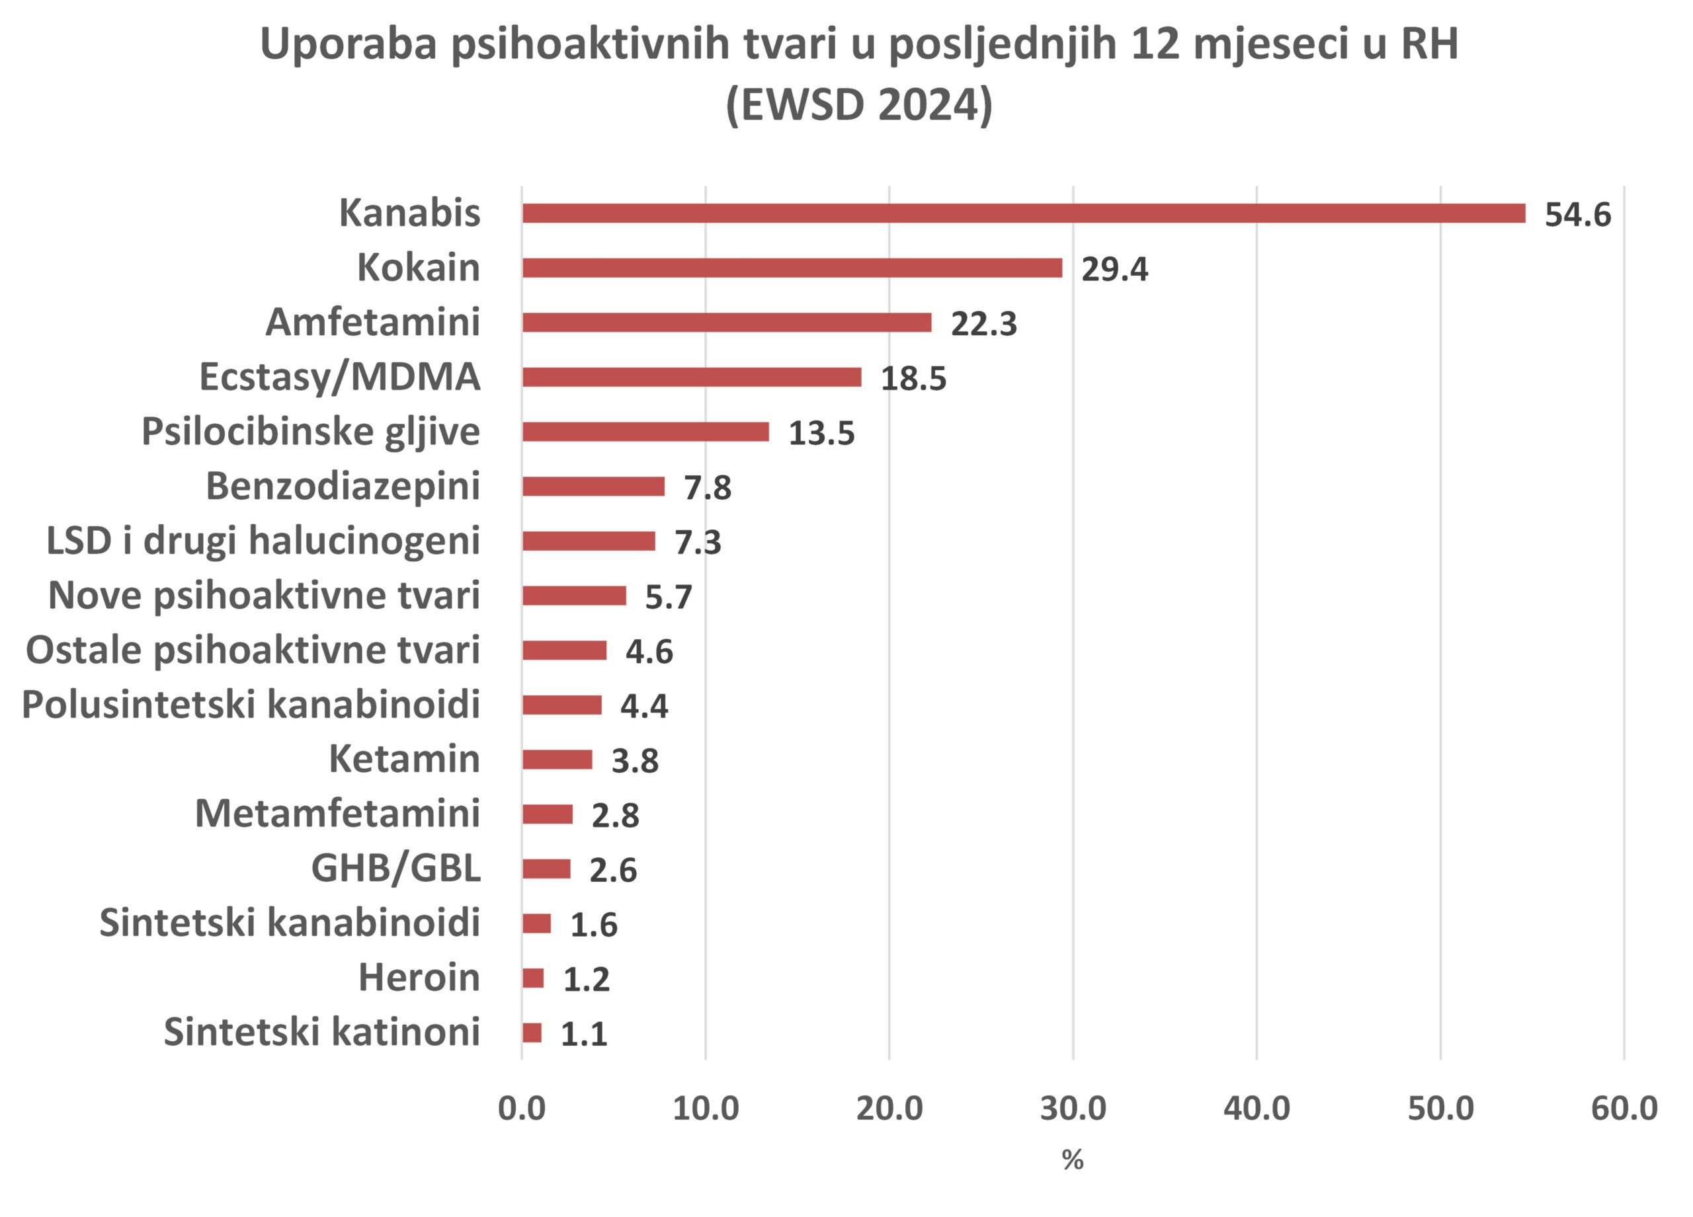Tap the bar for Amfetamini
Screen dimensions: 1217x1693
coord(726,323)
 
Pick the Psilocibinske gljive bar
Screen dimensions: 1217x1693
coord(645,431)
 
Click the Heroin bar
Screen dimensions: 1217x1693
coord(533,978)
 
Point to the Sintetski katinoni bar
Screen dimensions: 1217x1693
coord(532,1033)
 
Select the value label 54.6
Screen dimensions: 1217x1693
coord(1577,215)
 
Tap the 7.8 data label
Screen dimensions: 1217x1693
coord(707,488)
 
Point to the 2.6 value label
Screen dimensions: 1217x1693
coord(612,870)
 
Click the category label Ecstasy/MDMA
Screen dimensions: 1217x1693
coord(340,377)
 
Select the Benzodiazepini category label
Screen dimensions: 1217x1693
coord(343,486)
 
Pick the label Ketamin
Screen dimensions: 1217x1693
coord(404,759)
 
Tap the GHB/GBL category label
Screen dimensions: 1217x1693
coord(395,868)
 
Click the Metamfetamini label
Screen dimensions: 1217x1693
coord(337,813)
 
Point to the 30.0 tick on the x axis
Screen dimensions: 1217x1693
coord(1073,1109)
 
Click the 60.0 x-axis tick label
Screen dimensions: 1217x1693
coord(1624,1109)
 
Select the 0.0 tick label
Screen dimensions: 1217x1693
coord(521,1109)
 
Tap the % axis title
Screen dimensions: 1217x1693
coord(1073,1159)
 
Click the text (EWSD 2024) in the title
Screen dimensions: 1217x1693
coord(858,104)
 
